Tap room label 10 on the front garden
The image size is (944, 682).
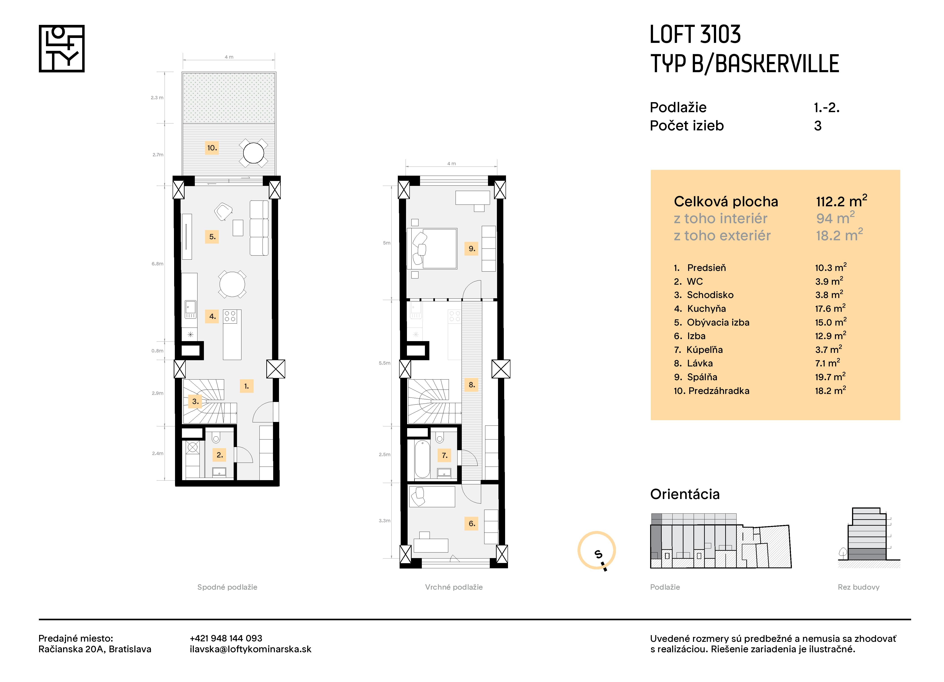coord(212,148)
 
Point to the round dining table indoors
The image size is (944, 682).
coord(232,284)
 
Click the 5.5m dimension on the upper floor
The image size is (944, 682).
coord(384,363)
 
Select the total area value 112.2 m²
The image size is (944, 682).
coord(841,201)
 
